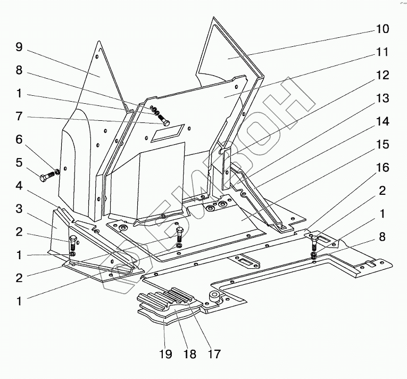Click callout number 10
397,29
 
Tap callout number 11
397,52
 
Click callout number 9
19,47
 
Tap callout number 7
19,116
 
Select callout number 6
19,139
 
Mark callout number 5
19,162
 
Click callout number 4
19,185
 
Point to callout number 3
19,208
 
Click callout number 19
166,354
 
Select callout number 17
214,354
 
